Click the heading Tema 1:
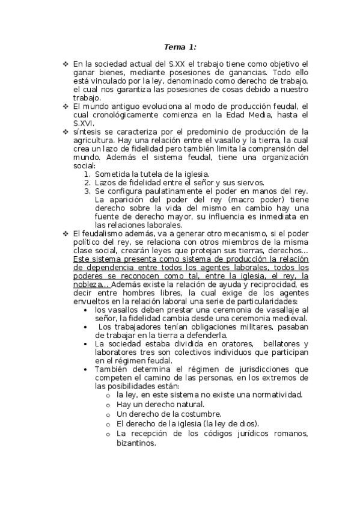(x=180, y=46)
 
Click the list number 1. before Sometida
(x=88, y=174)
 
